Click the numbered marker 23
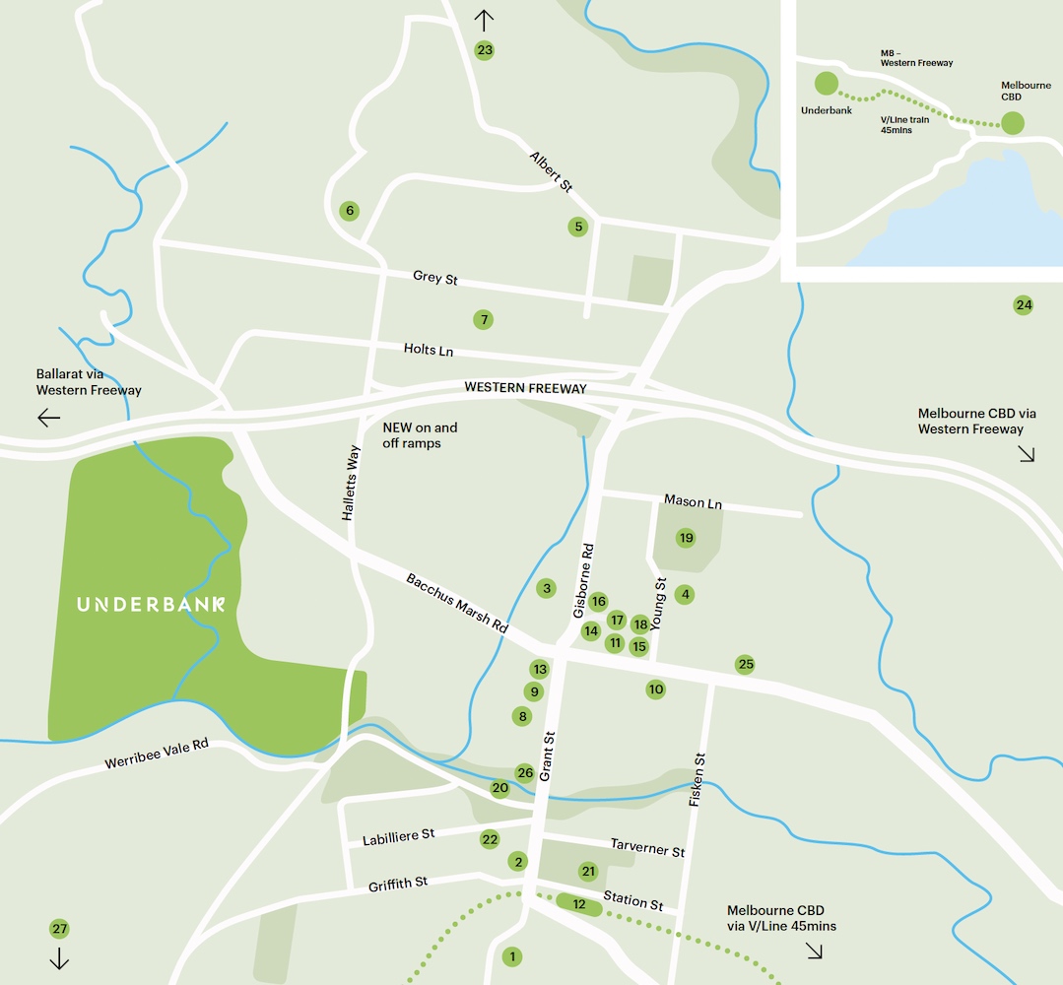coord(484,50)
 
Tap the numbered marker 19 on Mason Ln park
coord(686,538)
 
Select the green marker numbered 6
coord(348,211)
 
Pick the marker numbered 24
coord(1024,305)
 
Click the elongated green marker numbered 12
coord(579,904)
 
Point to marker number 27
coord(59,929)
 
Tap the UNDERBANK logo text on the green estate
coord(151,604)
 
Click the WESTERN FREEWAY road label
coord(525,389)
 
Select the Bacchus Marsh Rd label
coord(456,603)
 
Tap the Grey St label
coord(435,279)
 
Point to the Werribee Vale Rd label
coord(157,754)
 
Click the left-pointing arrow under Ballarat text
coord(48,418)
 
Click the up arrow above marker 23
coord(484,19)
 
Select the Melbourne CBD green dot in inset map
coord(1013,123)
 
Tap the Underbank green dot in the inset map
coord(826,84)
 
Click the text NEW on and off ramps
coord(420,435)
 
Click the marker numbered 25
coord(746,665)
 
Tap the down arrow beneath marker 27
coord(59,958)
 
